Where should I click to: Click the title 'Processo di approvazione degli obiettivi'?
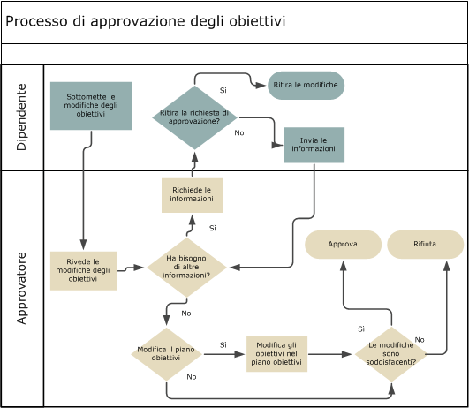pyautogui.click(x=146, y=21)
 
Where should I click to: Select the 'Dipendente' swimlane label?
pyautogui.click(x=22, y=117)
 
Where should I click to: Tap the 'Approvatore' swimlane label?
pyautogui.click(x=22, y=288)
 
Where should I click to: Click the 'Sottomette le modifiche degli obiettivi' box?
pyautogui.click(x=91, y=106)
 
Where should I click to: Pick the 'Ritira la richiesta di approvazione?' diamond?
pyautogui.click(x=194, y=117)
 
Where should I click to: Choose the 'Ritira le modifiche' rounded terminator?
pyautogui.click(x=306, y=85)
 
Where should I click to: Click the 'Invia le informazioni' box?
pyautogui.click(x=314, y=145)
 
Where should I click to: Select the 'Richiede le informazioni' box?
pyautogui.click(x=192, y=194)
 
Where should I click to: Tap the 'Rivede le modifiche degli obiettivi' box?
pyautogui.click(x=83, y=270)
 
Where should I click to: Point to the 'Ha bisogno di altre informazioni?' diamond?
pyautogui.click(x=186, y=267)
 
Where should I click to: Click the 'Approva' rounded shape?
pyautogui.click(x=343, y=244)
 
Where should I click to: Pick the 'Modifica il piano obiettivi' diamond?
pyautogui.click(x=166, y=354)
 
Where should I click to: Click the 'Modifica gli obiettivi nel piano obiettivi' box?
pyautogui.click(x=276, y=354)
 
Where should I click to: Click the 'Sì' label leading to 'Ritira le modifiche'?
pyautogui.click(x=223, y=90)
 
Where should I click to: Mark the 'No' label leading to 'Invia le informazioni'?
pyautogui.click(x=238, y=132)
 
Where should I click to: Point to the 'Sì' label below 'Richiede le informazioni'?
pyautogui.click(x=213, y=228)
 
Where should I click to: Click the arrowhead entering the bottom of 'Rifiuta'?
pyautogui.click(x=445, y=263)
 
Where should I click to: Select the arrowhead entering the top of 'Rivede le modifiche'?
pyautogui.click(x=83, y=246)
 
